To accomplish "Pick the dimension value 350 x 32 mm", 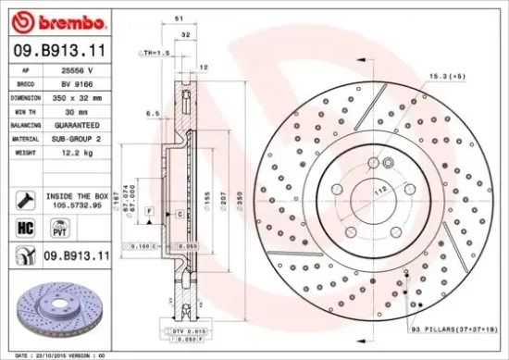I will (x=81, y=96).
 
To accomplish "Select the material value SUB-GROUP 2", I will (x=79, y=138).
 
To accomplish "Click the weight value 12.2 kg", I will (x=73, y=151).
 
